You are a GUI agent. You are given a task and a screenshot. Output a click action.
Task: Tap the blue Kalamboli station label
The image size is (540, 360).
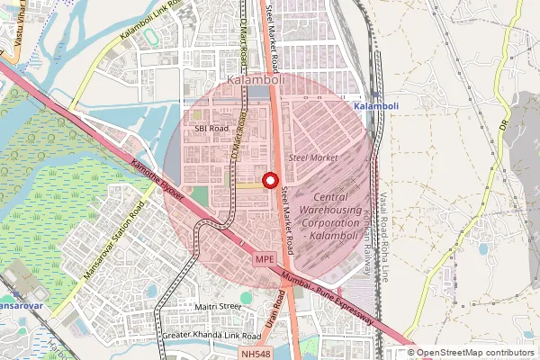pos(378,106)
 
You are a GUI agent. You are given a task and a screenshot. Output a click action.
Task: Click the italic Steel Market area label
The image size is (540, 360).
pos(312,157)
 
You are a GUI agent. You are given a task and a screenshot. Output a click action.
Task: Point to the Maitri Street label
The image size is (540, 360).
pos(219,307)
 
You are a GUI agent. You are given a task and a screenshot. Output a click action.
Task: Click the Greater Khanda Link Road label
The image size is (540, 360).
pos(211,336)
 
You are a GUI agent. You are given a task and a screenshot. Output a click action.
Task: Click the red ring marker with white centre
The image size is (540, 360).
pos(269,180)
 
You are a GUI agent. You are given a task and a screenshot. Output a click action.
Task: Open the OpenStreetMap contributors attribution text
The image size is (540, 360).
pos(475,353)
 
